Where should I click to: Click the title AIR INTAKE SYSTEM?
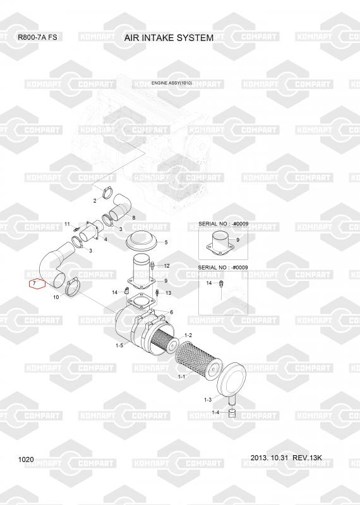pos(169,38)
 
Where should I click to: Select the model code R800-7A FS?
pos(37,37)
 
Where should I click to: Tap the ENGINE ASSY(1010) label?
pos(172,83)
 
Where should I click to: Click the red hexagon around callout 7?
pos(37,283)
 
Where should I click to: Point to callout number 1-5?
pos(119,345)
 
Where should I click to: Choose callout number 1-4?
pos(215,413)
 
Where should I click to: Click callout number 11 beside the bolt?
pos(67,224)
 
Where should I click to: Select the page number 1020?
pos(26,460)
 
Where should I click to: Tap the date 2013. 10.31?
pos(270,458)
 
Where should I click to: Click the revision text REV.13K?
pos(307,458)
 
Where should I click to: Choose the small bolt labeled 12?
pos(153,265)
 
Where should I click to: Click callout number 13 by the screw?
pos(169,293)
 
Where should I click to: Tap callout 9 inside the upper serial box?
pos(238,240)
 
